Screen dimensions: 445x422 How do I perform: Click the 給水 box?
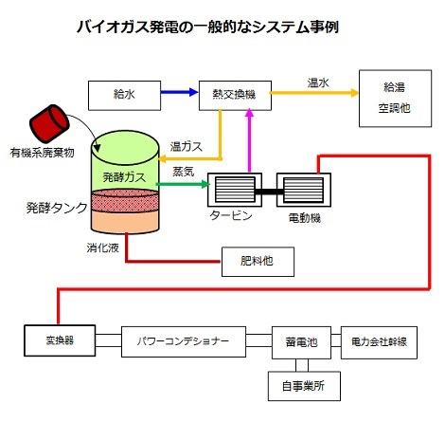click(124, 96)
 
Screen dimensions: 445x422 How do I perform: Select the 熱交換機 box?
click(235, 96)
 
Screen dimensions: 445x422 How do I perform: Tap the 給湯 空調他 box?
click(395, 99)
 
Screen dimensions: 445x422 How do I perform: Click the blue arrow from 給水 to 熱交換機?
click(179, 92)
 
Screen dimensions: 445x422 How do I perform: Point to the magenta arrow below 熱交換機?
click(250, 140)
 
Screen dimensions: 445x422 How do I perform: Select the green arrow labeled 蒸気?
click(183, 184)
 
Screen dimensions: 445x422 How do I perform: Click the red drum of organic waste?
click(49, 123)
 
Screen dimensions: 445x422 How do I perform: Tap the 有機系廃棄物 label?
click(42, 153)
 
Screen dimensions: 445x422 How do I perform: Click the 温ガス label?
click(187, 147)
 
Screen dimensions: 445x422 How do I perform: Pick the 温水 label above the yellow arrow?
click(318, 83)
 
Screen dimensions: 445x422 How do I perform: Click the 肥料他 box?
click(258, 262)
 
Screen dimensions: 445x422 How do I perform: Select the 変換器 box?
click(60, 340)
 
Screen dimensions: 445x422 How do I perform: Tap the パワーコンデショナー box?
click(184, 341)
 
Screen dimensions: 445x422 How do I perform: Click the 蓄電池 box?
click(301, 342)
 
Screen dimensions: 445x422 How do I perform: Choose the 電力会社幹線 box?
click(379, 342)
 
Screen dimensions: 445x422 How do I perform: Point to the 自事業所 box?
click(304, 386)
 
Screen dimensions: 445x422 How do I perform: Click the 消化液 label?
click(102, 248)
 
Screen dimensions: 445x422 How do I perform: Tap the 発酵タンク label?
click(57, 208)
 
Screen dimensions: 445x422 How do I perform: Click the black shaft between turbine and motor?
click(269, 192)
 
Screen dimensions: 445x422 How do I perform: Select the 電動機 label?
click(305, 218)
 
